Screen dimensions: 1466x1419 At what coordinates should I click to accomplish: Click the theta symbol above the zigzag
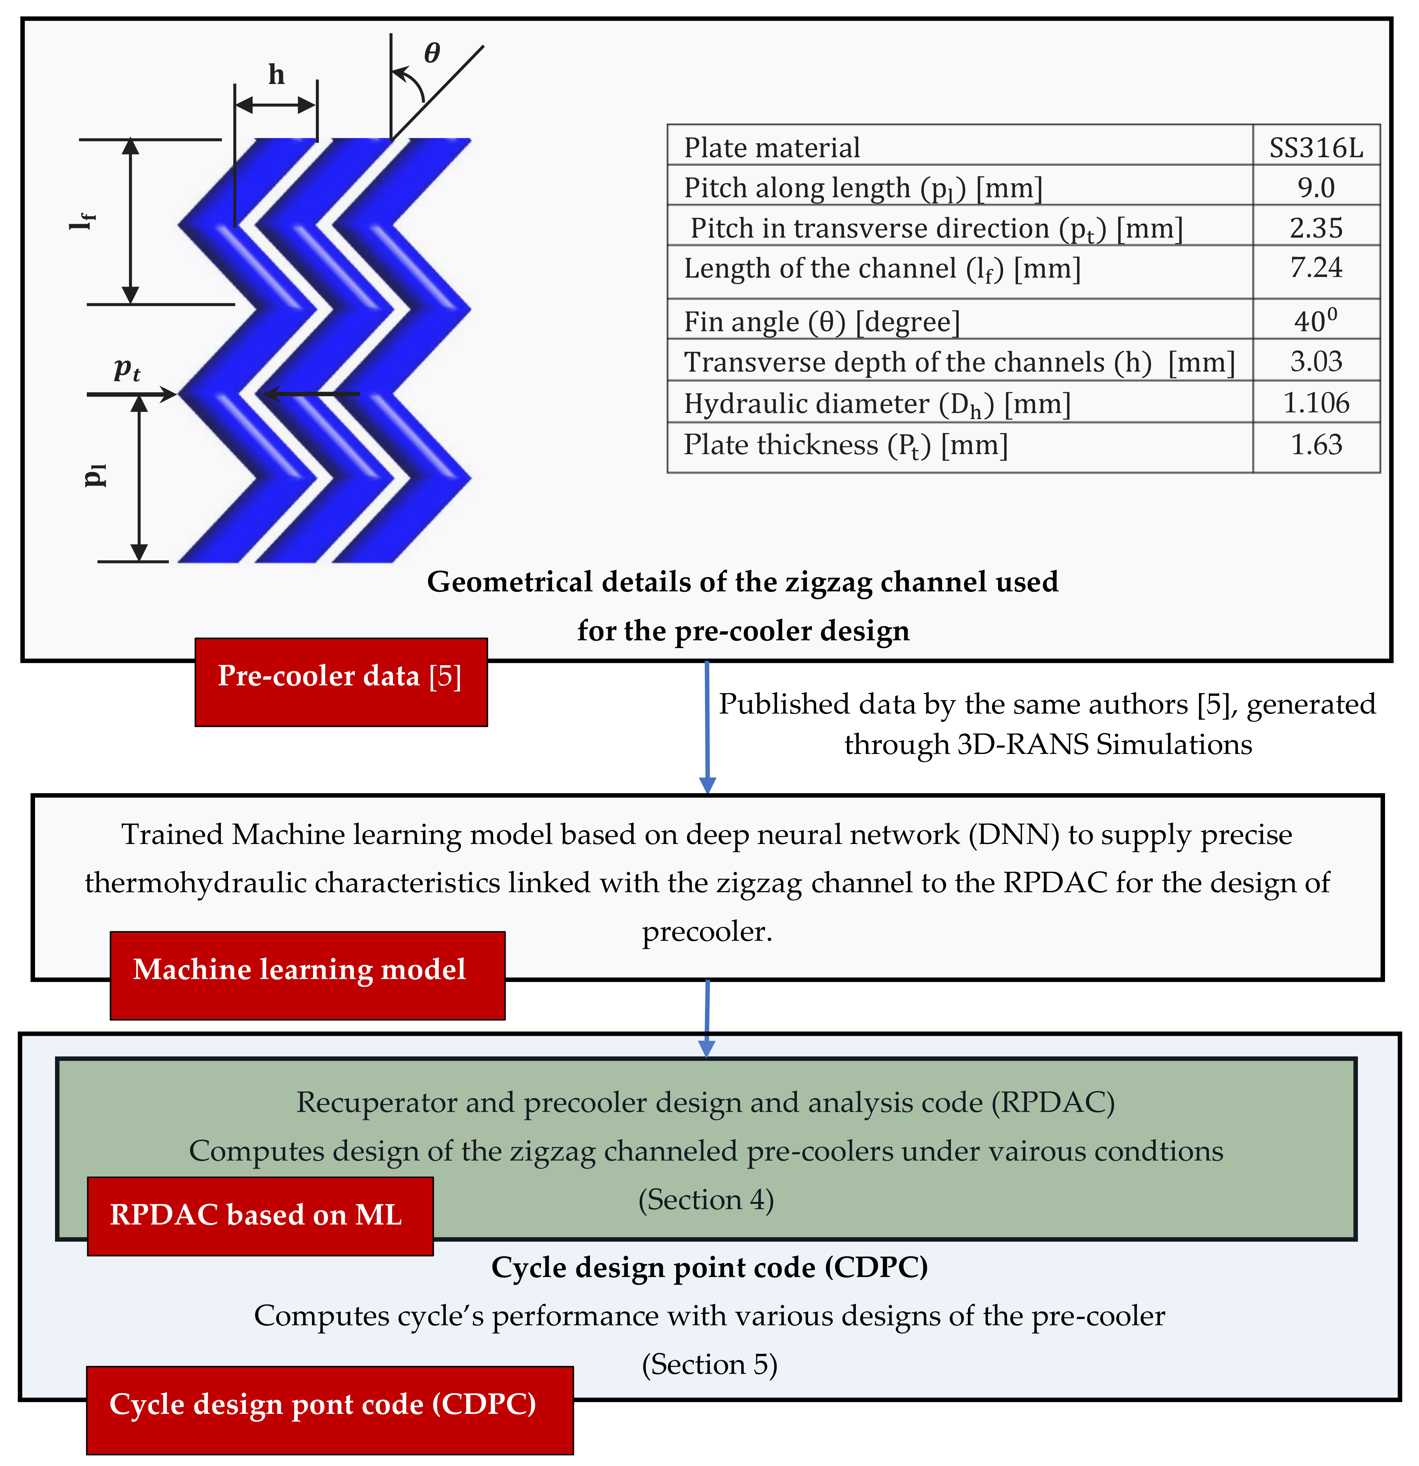(x=432, y=53)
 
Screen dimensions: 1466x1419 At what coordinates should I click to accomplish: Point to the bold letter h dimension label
(x=276, y=75)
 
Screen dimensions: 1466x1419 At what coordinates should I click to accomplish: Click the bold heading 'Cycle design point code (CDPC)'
(x=709, y=1267)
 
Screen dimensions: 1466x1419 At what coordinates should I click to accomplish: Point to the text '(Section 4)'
(x=705, y=1200)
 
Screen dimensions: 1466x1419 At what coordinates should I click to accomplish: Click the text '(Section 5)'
(x=709, y=1364)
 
